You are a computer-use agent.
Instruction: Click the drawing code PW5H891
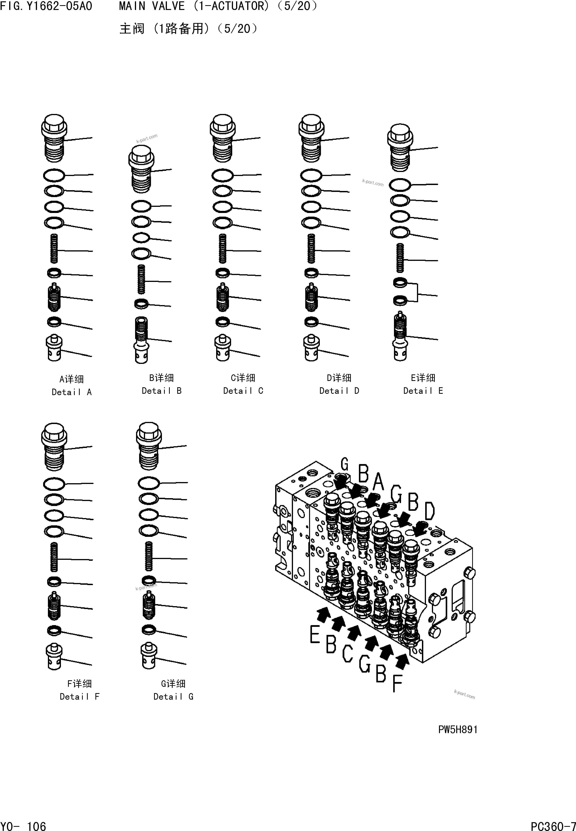tap(458, 730)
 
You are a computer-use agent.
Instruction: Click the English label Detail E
tap(423, 391)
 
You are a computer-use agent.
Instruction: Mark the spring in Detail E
tap(400, 258)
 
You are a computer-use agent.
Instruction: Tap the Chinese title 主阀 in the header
tap(132, 29)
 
